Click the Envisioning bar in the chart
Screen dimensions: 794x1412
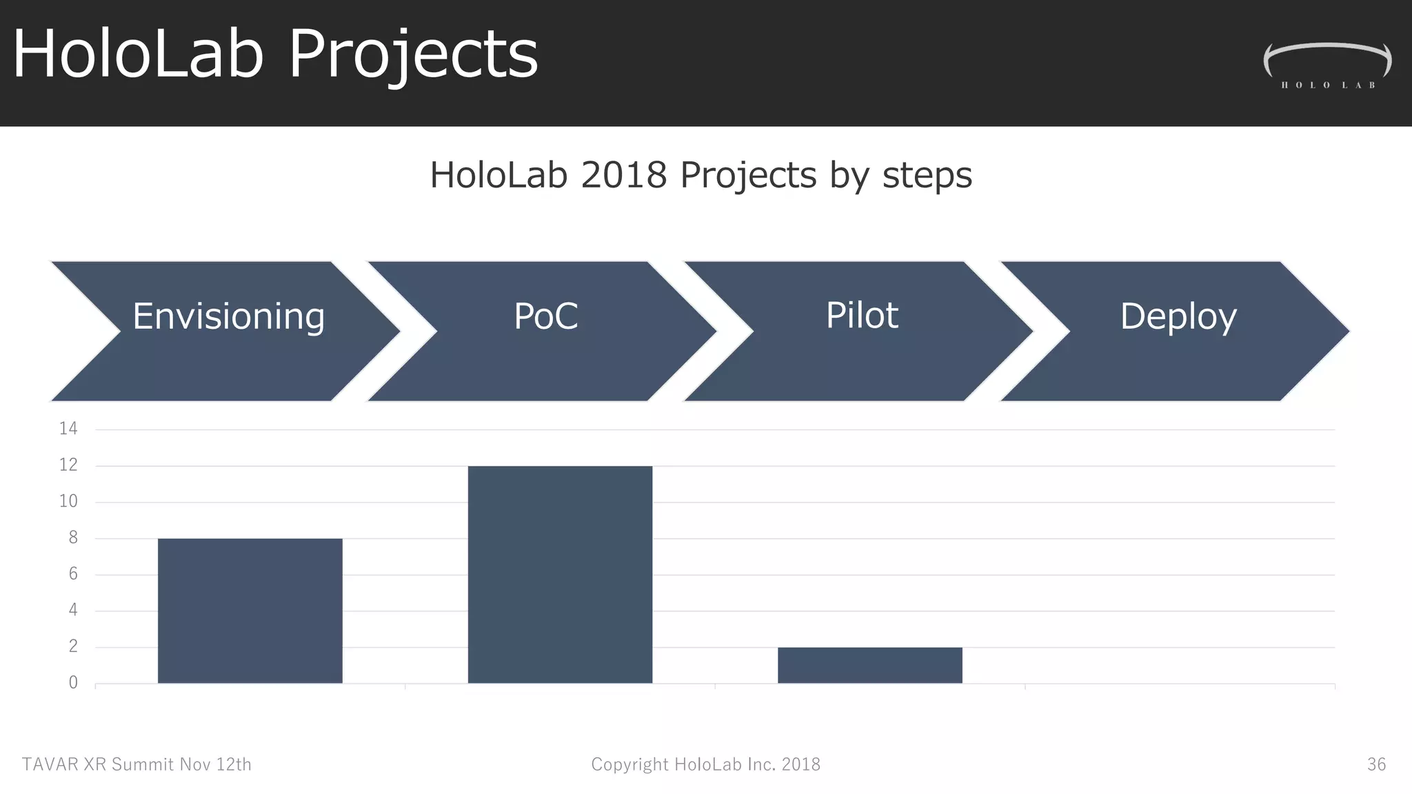(250, 611)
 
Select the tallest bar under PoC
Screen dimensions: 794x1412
(560, 574)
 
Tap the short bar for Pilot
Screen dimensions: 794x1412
(869, 665)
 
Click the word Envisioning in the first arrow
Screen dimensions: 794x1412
(228, 317)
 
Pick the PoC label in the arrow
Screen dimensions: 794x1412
(545, 317)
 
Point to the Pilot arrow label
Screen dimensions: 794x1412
(862, 316)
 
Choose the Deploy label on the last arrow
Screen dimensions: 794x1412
(1178, 317)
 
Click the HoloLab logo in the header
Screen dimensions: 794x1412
(1327, 65)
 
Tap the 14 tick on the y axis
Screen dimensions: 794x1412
(68, 429)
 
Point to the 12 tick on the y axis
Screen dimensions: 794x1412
(68, 465)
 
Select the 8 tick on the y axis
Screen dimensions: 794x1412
(73, 538)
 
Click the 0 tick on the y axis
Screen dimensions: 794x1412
(73, 683)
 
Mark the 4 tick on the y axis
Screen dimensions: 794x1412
(73, 610)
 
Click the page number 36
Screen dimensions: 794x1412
(1376, 764)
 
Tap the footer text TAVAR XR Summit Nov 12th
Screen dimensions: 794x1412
(137, 764)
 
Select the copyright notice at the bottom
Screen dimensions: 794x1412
(705, 764)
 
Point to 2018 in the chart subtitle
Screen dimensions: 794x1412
(623, 175)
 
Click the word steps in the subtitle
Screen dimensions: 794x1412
(927, 175)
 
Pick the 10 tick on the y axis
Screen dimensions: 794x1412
(68, 501)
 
